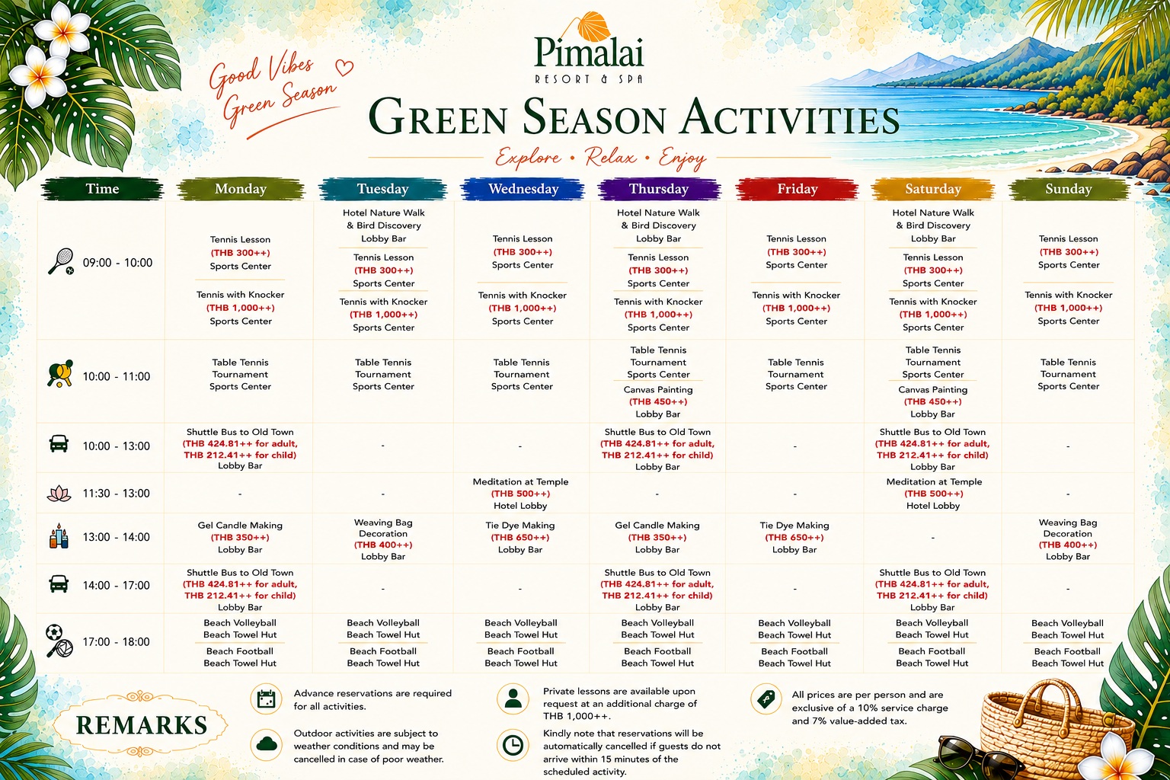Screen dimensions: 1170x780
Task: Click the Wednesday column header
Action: pyautogui.click(x=523, y=189)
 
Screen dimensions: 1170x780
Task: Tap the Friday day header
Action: pyautogui.click(x=797, y=189)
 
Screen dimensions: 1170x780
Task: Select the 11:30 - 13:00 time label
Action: pyautogui.click(x=116, y=493)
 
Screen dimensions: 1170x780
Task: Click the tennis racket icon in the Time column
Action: pyautogui.click(x=61, y=261)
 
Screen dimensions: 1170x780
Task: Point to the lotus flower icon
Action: pyautogui.click(x=59, y=493)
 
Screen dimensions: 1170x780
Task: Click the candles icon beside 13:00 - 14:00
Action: pyautogui.click(x=59, y=536)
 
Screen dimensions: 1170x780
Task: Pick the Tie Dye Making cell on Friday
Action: pyautogui.click(x=794, y=537)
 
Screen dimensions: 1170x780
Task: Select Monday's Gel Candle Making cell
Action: pyautogui.click(x=240, y=537)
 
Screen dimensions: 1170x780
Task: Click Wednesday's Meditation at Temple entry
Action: pyautogui.click(x=520, y=493)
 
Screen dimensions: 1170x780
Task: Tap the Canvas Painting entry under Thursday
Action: pyautogui.click(x=657, y=401)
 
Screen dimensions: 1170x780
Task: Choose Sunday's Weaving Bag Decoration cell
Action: pyautogui.click(x=1068, y=539)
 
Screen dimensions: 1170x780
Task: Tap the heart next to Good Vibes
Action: pyautogui.click(x=344, y=67)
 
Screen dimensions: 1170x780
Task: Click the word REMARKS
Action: pyautogui.click(x=142, y=725)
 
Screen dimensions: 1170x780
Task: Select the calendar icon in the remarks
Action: pyautogui.click(x=266, y=699)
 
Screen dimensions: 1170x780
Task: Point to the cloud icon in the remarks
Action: pyautogui.click(x=267, y=744)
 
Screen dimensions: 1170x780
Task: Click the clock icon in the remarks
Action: pyautogui.click(x=513, y=745)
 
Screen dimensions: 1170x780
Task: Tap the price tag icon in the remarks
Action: pyautogui.click(x=766, y=698)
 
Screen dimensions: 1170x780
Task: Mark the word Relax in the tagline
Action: pyautogui.click(x=610, y=157)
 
